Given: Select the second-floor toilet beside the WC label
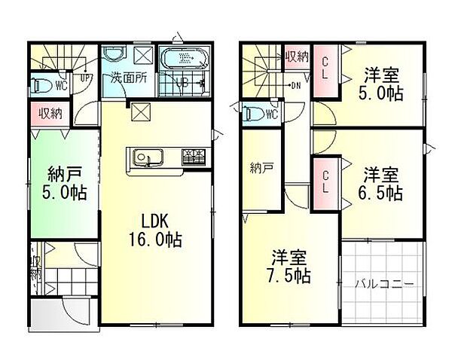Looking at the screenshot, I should [x=254, y=114].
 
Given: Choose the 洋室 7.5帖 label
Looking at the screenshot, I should [x=289, y=265].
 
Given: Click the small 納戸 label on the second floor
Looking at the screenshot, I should [x=262, y=169].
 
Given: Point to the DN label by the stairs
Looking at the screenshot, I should [x=297, y=85].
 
